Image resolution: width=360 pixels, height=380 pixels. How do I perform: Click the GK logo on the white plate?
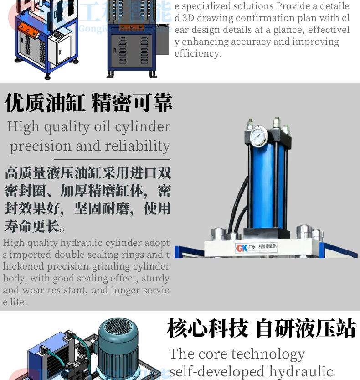coord(242,248)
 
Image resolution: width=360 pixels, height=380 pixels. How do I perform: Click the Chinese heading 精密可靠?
coord(132,103)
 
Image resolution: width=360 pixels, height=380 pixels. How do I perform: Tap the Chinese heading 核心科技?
coord(207,328)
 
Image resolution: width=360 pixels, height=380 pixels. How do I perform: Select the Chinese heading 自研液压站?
coord(306,328)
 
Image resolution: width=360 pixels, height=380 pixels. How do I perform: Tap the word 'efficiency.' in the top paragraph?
coord(198,53)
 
